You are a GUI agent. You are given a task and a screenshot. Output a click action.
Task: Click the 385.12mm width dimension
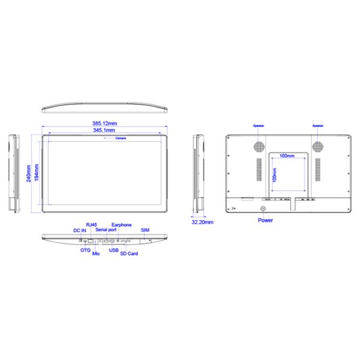pyautogui.click(x=105, y=124)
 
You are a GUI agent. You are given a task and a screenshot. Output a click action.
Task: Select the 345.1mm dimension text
pyautogui.click(x=105, y=130)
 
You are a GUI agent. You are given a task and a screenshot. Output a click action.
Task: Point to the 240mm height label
pyautogui.click(x=28, y=173)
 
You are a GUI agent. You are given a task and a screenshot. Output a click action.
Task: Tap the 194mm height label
pyautogui.click(x=37, y=173)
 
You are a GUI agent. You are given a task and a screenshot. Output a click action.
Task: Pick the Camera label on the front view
pyautogui.click(x=122, y=138)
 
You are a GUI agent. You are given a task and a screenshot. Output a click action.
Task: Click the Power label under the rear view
pyautogui.click(x=265, y=220)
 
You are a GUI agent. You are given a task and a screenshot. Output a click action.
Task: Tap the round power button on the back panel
pyautogui.click(x=262, y=208)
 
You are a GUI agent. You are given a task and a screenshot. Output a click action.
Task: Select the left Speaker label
pyautogui.click(x=258, y=126)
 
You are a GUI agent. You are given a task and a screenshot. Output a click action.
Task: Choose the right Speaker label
pyautogui.click(x=317, y=126)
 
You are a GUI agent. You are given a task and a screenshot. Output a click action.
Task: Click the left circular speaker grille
pyautogui.click(x=259, y=146)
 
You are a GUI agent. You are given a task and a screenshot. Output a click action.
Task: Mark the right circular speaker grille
pyautogui.click(x=317, y=146)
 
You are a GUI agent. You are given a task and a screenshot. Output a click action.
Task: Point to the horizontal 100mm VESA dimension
pyautogui.click(x=287, y=156)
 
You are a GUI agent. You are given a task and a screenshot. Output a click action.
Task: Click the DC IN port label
pyautogui.click(x=80, y=230)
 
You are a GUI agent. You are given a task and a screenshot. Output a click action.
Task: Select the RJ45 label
pyautogui.click(x=91, y=225)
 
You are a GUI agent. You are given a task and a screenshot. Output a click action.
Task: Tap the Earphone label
pyautogui.click(x=121, y=225)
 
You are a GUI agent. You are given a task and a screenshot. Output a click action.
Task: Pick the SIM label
pyautogui.click(x=145, y=230)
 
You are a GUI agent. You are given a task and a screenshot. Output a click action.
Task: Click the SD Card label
pyautogui.click(x=129, y=254)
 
